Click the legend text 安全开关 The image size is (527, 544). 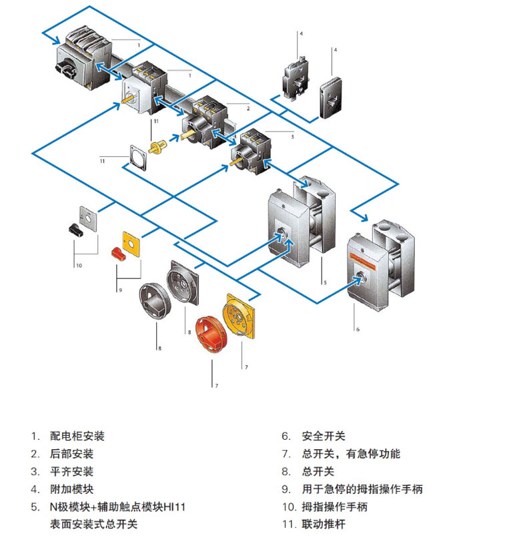(324, 436)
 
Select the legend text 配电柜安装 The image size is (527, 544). (77, 436)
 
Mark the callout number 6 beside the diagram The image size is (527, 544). (358, 329)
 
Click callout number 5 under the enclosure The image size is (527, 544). (325, 282)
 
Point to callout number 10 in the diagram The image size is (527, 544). (78, 265)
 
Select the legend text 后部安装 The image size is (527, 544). (72, 454)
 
